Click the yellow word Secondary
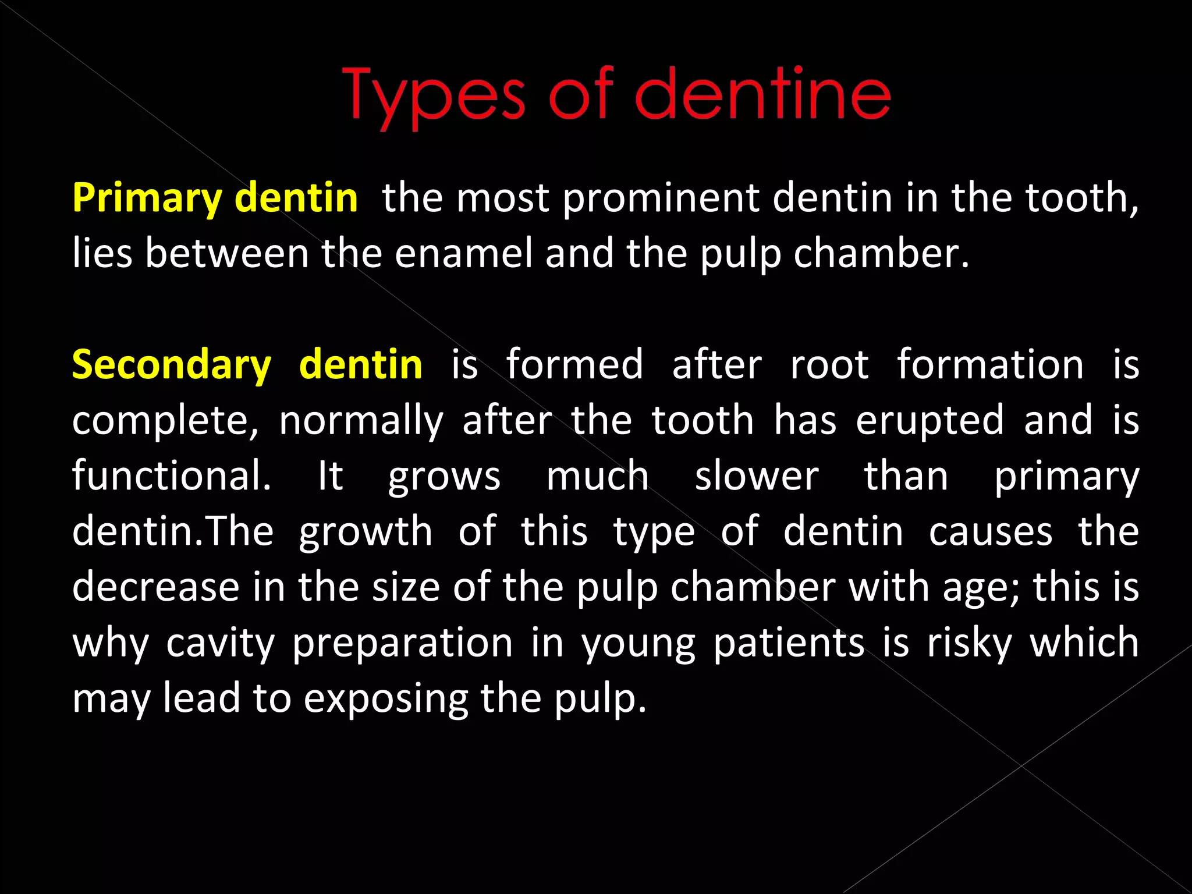172,366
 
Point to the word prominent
661,198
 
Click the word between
226,254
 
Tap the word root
829,366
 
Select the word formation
989,366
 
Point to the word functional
172,476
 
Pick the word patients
789,644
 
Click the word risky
969,644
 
